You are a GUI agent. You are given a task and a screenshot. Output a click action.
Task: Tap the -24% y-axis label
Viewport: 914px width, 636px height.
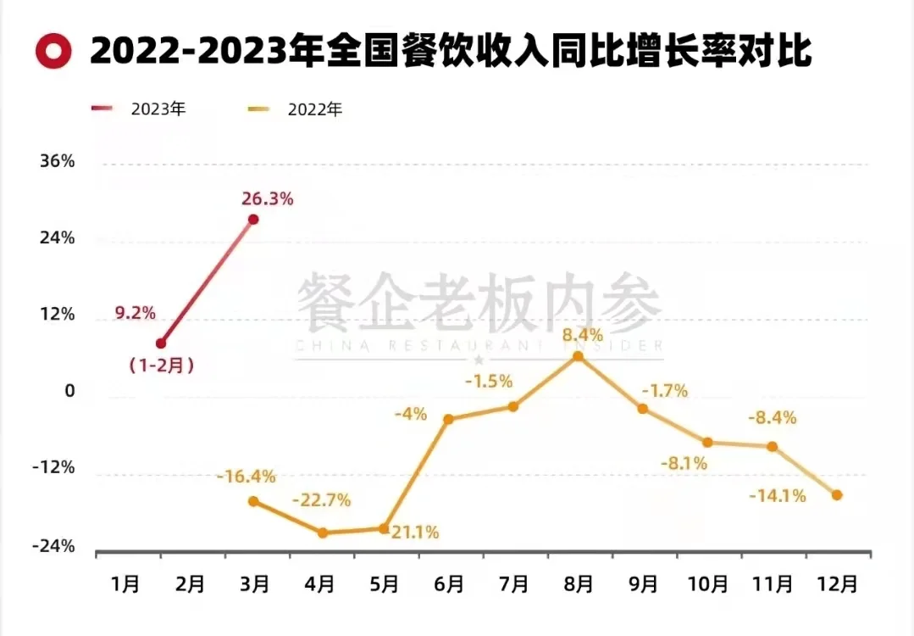[x=53, y=546]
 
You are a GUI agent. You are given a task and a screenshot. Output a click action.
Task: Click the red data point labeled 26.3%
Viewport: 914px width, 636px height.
[x=252, y=220]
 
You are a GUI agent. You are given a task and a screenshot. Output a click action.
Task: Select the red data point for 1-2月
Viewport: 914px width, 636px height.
[x=161, y=343]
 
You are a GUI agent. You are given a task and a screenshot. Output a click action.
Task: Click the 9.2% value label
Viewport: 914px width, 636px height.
[x=136, y=313]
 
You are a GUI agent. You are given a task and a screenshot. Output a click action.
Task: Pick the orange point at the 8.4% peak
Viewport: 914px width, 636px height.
[x=578, y=356]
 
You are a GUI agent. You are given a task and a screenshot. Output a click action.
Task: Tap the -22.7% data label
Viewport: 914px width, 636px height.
[x=321, y=499]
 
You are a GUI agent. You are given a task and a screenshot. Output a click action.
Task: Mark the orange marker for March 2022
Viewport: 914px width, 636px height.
[x=252, y=501]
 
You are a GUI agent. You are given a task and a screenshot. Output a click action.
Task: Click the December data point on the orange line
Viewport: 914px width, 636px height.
[x=837, y=495]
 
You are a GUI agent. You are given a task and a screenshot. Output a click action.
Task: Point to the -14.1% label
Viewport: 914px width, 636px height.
[x=777, y=496]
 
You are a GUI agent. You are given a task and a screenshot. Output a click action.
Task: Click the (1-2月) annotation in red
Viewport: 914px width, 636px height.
[x=162, y=366]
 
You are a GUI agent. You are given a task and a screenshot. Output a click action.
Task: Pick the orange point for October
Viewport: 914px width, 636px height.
[x=707, y=442]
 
